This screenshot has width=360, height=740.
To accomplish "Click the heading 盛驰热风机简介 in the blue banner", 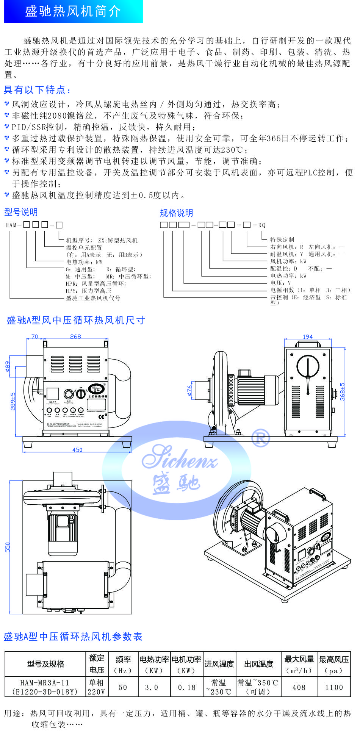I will (x=73, y=11).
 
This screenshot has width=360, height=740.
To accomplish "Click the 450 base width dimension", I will (x=77, y=450).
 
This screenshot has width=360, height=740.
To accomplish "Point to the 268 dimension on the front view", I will (x=75, y=336).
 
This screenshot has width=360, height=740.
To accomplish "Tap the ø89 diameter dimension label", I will (x=8, y=366).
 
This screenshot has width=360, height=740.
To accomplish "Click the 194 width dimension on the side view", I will (x=308, y=337).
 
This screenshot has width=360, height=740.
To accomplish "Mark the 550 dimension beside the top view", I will (x=8, y=547).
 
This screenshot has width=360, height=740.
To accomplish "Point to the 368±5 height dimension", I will (x=343, y=391).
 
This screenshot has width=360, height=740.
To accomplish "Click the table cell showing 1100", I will (x=334, y=687).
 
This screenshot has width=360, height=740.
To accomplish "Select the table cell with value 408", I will (x=299, y=687).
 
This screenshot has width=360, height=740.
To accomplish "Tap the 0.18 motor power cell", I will (x=187, y=687).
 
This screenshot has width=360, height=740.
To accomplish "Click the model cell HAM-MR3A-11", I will (x=45, y=683).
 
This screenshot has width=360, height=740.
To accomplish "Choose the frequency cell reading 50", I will (x=123, y=687).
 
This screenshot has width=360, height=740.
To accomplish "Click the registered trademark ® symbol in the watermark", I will (x=261, y=437).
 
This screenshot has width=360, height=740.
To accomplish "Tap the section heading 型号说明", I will (x=21, y=212).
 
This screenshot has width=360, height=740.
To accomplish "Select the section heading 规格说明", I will (x=176, y=213).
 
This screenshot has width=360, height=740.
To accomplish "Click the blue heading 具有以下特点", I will (x=37, y=90).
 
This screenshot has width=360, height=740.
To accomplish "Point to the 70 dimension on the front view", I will (x=34, y=336).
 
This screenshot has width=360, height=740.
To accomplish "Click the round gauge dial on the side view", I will (x=308, y=366).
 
